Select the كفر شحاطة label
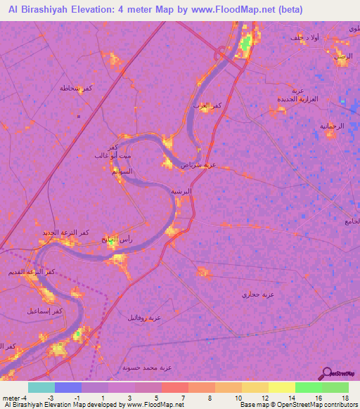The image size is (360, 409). click(76, 88)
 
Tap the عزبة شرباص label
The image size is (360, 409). click(198, 165)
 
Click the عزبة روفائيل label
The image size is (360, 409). click(143, 318)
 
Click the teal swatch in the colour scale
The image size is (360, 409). click(41, 387)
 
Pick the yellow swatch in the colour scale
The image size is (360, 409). click(281, 387)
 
